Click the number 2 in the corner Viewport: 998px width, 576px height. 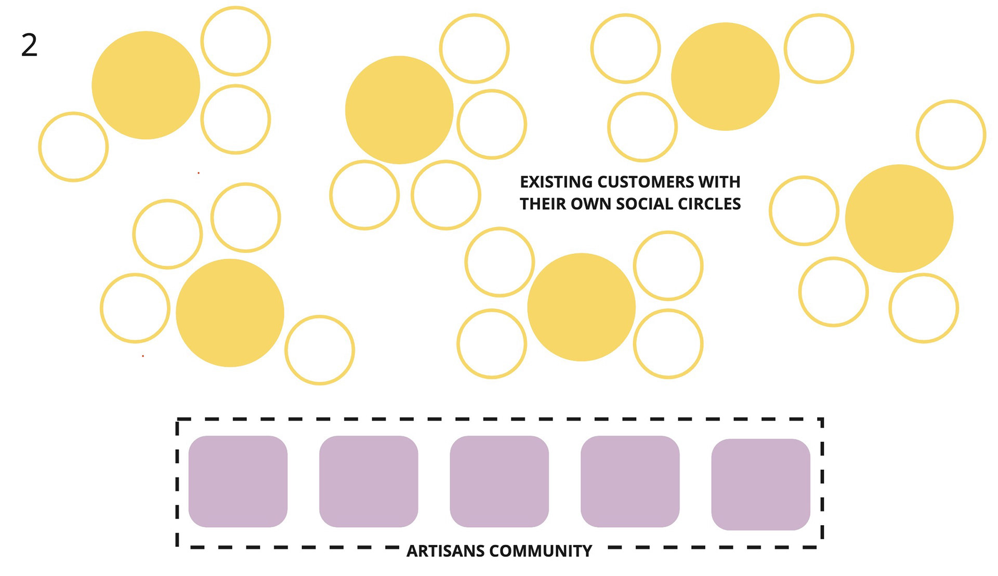pos(29,45)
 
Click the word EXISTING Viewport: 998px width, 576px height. pos(556,182)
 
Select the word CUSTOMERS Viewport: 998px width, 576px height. pos(646,182)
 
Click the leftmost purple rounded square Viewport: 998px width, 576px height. pos(238,481)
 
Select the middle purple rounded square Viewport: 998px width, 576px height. pos(499,481)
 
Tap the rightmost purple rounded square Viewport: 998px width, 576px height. pos(760,485)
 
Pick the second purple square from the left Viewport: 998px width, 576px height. pos(369,481)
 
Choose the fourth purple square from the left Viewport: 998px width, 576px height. pos(630,481)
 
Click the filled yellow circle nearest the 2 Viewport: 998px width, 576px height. pos(146,85)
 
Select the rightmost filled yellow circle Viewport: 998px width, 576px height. pos(899,219)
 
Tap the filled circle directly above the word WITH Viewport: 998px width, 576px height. pos(725,76)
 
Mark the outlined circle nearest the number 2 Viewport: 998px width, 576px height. pos(73,147)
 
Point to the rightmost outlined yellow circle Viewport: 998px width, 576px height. pos(951,135)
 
